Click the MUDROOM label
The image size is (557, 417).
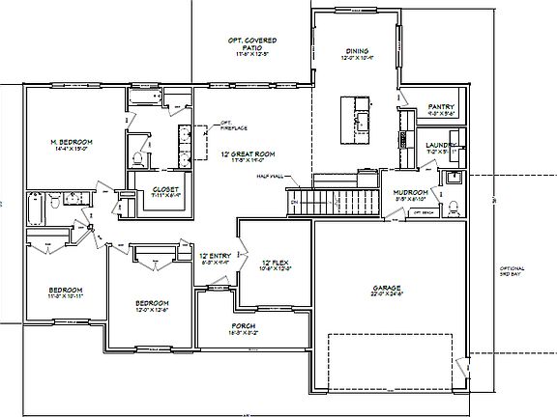pos(410,193)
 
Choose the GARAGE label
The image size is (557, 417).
pos(388,288)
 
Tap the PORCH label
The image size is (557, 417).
pos(243,326)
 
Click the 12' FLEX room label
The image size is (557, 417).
pos(277,263)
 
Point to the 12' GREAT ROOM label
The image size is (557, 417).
pos(249,154)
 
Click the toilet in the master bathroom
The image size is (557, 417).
pos(138,158)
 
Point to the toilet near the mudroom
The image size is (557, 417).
pos(452,178)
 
